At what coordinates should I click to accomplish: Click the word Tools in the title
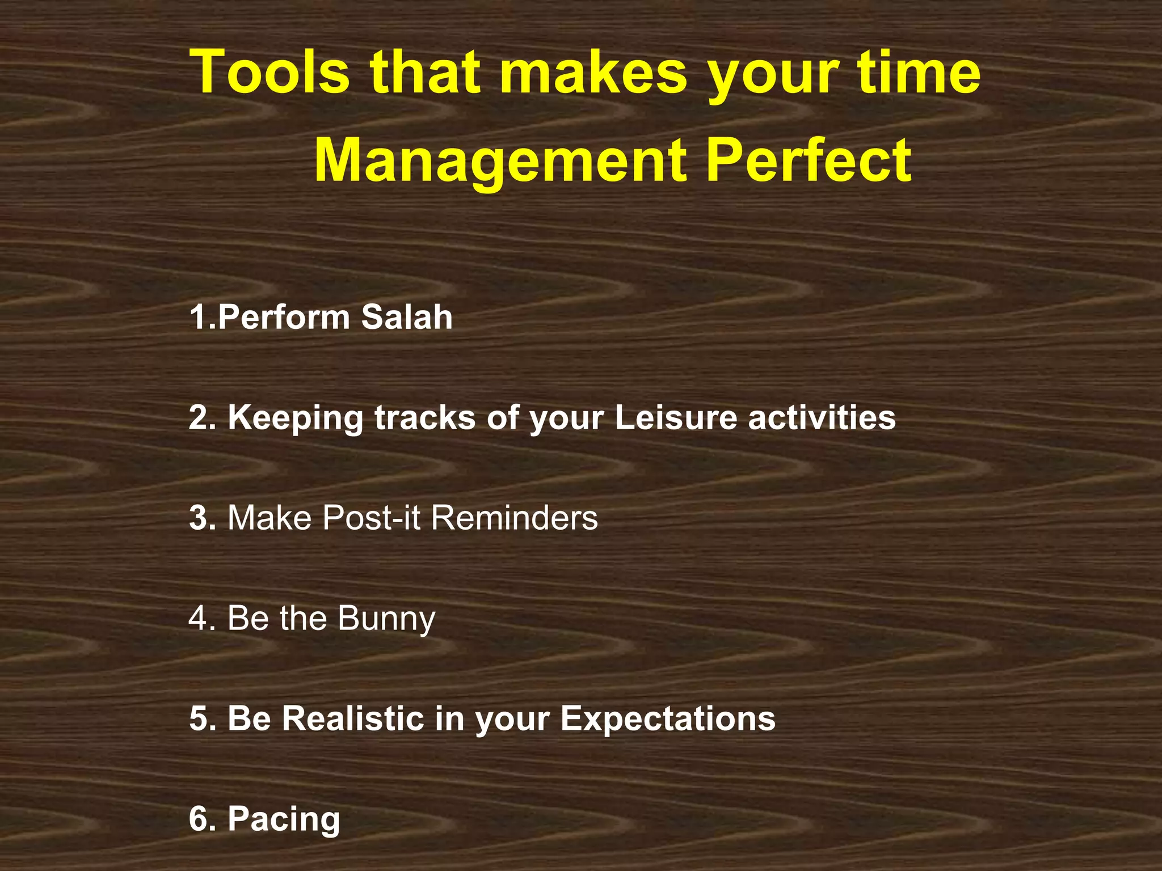point(270,73)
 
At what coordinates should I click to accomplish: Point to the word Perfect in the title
point(810,161)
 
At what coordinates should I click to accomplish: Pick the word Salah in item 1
point(407,317)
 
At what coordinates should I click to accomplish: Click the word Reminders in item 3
point(515,518)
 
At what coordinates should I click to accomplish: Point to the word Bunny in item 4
point(387,619)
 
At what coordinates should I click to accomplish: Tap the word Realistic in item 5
point(353,718)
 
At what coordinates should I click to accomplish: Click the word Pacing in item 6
point(284,820)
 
